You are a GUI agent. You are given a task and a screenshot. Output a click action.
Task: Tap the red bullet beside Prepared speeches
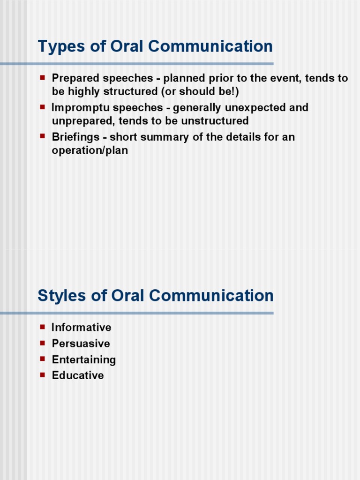(x=42, y=76)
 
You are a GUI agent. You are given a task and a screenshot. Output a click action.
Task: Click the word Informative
(x=82, y=328)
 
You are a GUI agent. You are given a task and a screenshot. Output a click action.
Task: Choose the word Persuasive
(x=81, y=344)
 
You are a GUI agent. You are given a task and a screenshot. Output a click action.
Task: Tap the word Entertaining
(x=83, y=360)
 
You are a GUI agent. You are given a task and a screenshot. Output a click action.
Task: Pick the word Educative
(x=78, y=375)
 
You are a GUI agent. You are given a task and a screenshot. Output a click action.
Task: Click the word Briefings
(x=75, y=138)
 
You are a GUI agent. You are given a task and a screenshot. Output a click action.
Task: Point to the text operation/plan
(x=90, y=151)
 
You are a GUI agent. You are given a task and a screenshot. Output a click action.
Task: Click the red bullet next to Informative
(x=42, y=326)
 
